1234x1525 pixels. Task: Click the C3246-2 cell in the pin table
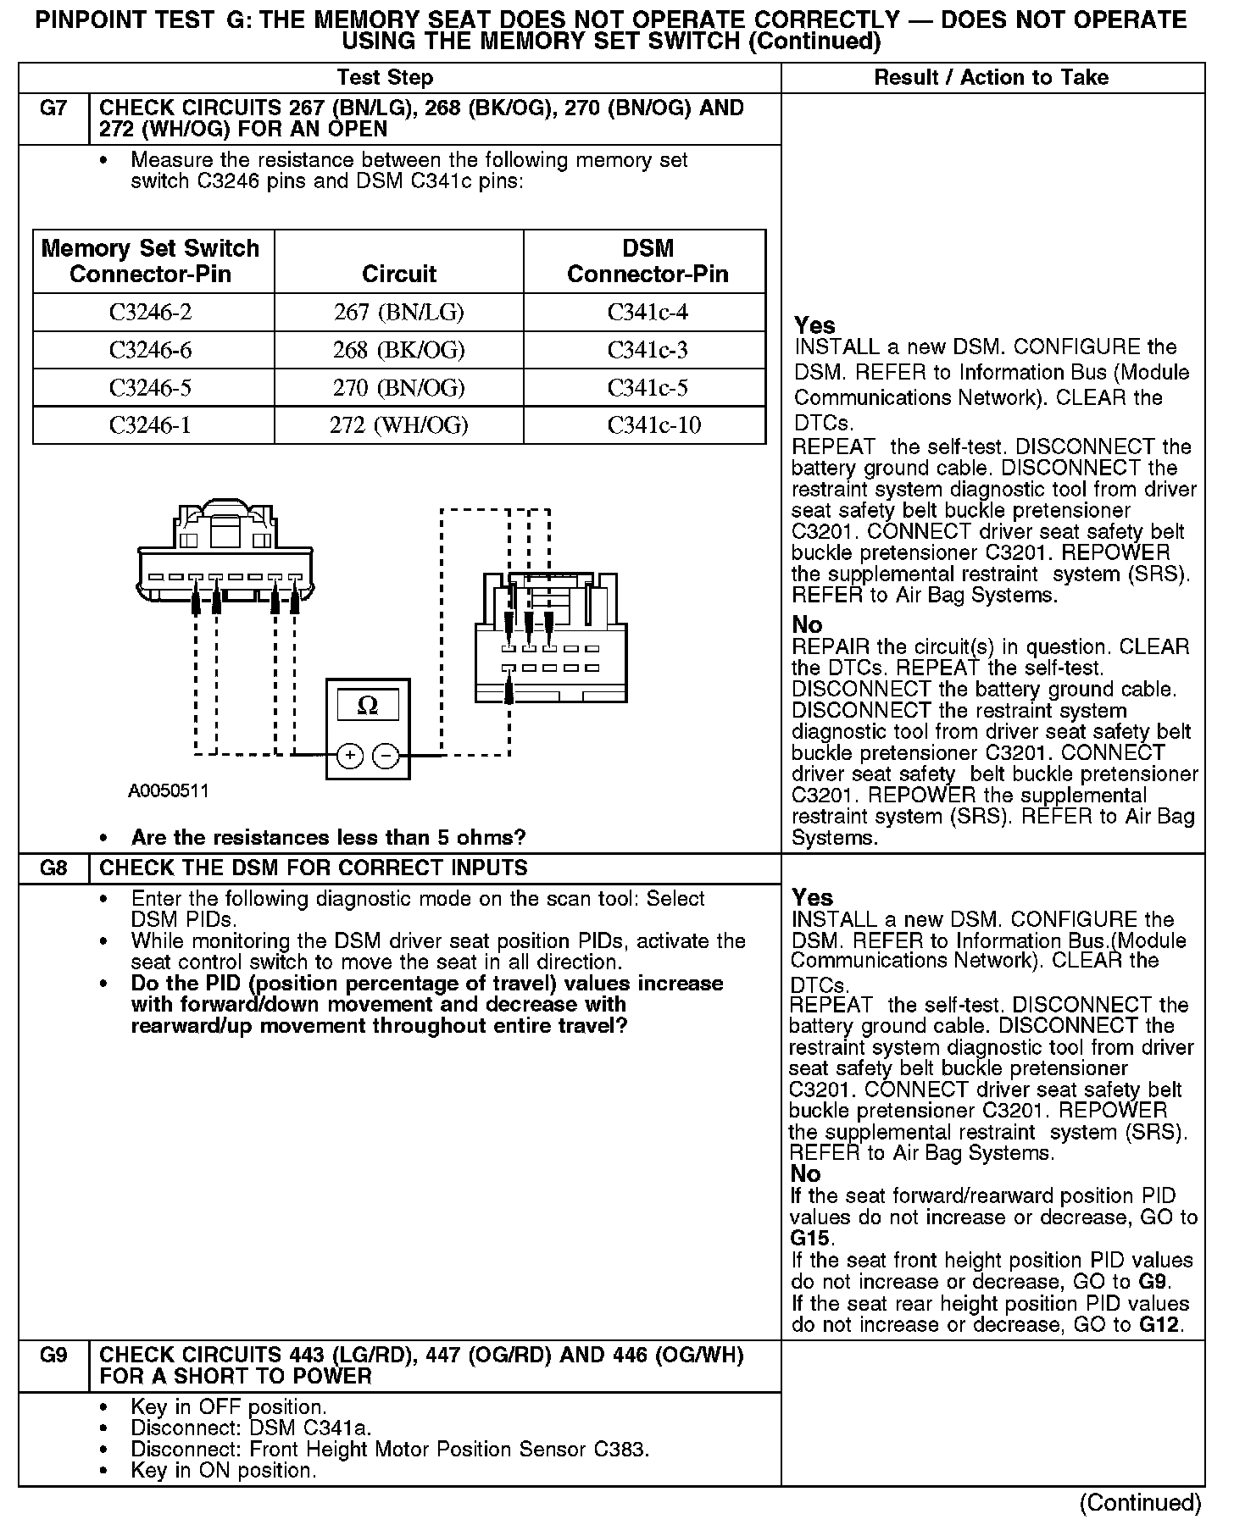151,313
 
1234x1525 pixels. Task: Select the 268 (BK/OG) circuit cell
398,350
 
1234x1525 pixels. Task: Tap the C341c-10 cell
653,424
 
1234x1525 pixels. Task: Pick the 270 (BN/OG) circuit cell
398,388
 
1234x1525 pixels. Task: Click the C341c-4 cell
648,313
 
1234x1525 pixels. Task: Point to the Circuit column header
398,274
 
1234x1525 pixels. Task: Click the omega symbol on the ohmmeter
368,705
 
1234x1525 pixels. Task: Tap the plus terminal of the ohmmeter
350,755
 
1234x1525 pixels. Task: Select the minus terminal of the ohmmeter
386,755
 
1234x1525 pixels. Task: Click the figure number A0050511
169,791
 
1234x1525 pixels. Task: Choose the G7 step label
53,108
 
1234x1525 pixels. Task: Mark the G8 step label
53,868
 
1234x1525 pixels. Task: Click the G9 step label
53,1356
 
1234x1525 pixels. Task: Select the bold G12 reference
1159,1325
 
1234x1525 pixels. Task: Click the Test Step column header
385,78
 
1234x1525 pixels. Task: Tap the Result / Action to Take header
991,78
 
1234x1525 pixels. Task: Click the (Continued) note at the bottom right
1140,1503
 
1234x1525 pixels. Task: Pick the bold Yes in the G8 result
812,897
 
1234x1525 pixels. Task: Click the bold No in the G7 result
807,625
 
